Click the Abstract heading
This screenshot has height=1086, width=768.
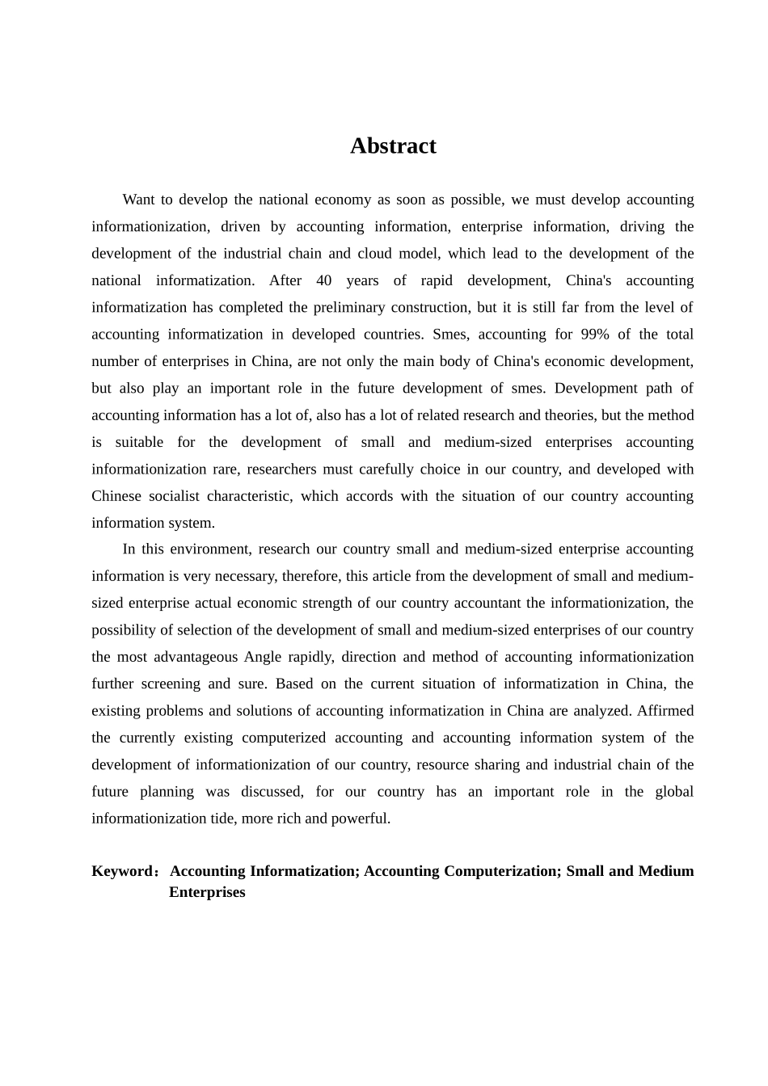point(393,146)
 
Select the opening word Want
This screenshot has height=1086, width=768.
point(139,200)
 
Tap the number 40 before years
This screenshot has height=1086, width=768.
point(323,280)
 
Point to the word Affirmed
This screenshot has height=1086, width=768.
point(665,711)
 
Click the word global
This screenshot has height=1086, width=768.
point(674,792)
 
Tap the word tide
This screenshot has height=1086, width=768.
point(224,819)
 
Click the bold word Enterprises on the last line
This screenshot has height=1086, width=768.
point(207,892)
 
